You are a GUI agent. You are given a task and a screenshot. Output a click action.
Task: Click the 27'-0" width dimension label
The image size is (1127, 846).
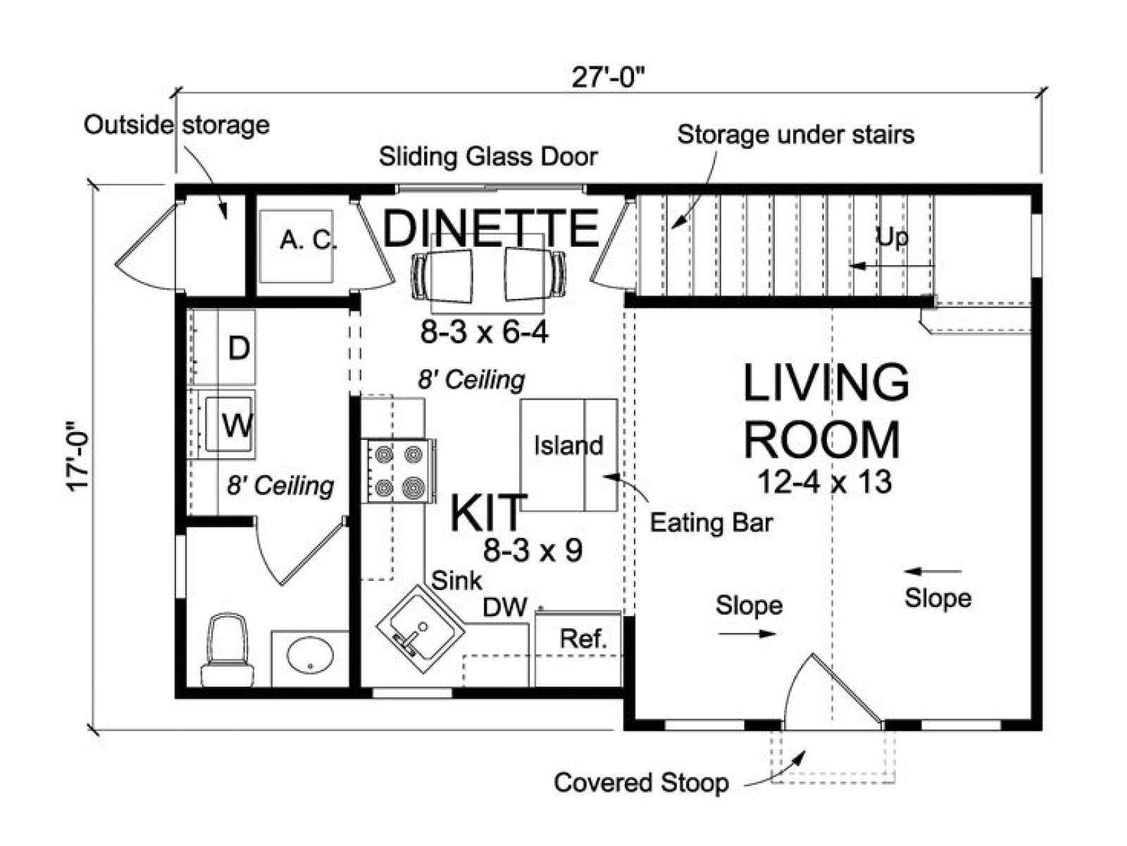(607, 78)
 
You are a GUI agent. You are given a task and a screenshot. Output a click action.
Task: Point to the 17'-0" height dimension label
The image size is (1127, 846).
(79, 457)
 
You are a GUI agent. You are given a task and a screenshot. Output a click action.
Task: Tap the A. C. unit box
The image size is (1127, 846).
(297, 246)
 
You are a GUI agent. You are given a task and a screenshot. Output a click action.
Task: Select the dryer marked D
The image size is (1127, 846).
(224, 347)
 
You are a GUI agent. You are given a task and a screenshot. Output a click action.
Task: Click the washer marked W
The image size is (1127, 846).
(224, 424)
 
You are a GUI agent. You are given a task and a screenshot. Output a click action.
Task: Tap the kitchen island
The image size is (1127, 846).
(569, 455)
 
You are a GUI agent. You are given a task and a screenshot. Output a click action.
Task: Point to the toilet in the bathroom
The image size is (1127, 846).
(228, 650)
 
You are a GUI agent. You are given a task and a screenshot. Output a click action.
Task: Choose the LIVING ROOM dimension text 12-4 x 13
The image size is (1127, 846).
(825, 482)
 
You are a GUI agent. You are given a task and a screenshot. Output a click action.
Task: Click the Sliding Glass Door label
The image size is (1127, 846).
(488, 157)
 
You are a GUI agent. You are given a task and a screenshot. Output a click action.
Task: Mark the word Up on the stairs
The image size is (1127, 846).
(892, 238)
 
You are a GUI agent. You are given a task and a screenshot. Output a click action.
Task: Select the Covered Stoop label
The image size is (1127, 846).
(642, 783)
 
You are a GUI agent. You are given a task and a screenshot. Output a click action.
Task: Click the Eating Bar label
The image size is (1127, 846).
(711, 523)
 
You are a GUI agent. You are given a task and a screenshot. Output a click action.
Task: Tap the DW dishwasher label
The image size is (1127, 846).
(505, 608)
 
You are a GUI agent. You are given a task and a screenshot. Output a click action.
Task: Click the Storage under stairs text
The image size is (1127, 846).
(796, 135)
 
